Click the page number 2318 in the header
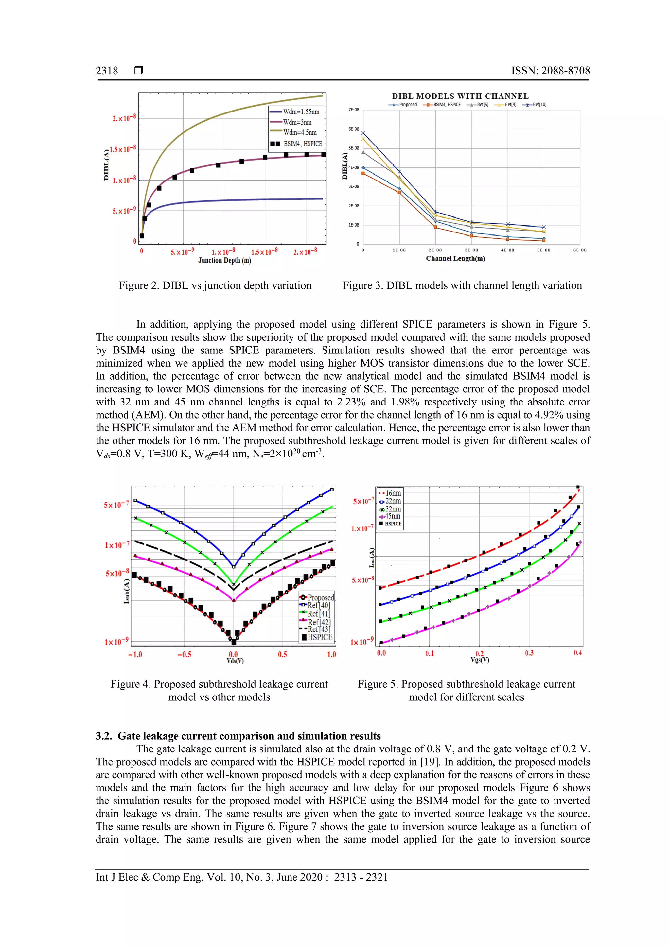107,71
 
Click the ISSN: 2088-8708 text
550,71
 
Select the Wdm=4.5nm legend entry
300,132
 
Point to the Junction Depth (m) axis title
224,260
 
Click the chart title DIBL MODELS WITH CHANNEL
460,96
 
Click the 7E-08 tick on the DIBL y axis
354,110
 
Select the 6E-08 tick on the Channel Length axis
580,250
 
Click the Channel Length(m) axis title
455,259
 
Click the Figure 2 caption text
215,285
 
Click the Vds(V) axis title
235,661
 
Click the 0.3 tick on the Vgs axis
529,653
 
